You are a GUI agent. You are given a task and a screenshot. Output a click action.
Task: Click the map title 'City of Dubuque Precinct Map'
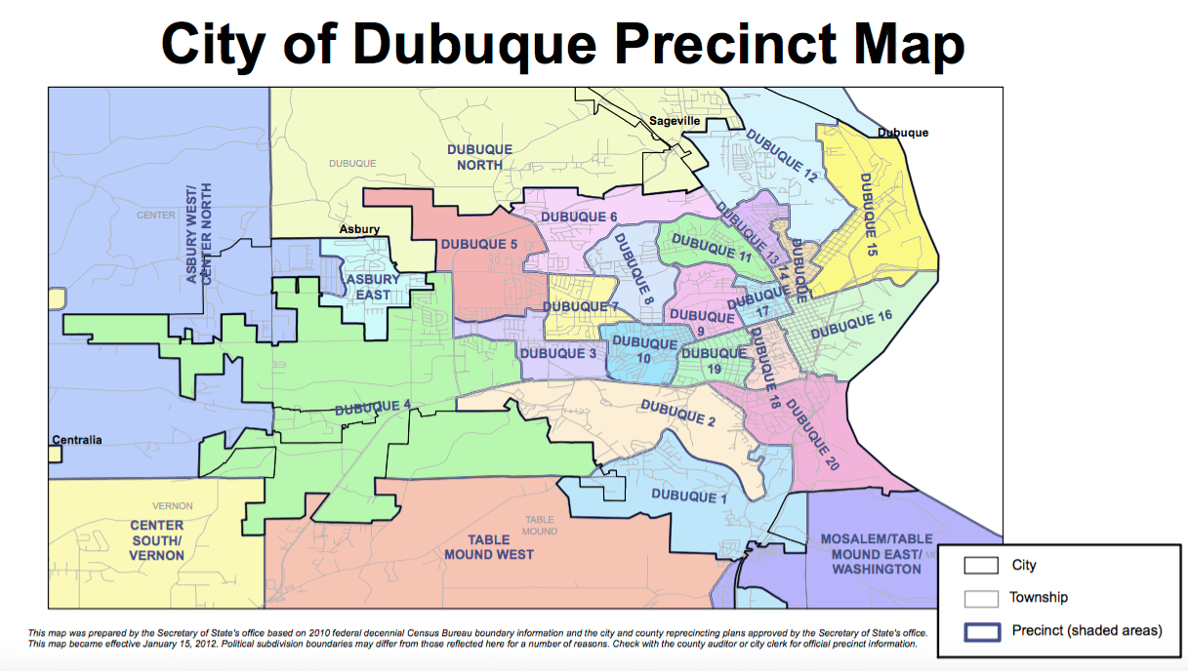point(563,44)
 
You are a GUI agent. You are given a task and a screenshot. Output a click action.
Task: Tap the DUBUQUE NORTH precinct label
point(479,157)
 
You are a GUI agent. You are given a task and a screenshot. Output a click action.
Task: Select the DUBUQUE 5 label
point(478,244)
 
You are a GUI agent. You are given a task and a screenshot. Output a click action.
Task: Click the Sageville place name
point(676,121)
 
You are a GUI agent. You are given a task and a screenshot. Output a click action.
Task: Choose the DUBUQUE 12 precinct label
point(781,155)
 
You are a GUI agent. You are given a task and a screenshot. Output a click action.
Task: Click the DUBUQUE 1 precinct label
point(690,495)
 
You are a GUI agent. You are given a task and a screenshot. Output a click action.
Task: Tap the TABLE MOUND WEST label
point(489,547)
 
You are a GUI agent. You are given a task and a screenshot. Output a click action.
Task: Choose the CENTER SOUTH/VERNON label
point(156,539)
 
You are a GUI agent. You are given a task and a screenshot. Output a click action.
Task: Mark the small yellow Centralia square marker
point(55,453)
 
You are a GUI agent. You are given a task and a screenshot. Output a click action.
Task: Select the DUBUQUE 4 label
point(373,407)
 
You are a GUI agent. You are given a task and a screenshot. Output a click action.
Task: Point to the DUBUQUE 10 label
point(644,351)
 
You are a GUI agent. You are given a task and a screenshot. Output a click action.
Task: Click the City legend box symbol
point(981,566)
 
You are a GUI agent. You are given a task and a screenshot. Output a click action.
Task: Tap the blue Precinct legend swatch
point(981,631)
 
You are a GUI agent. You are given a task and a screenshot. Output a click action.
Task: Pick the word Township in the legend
point(1039,598)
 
